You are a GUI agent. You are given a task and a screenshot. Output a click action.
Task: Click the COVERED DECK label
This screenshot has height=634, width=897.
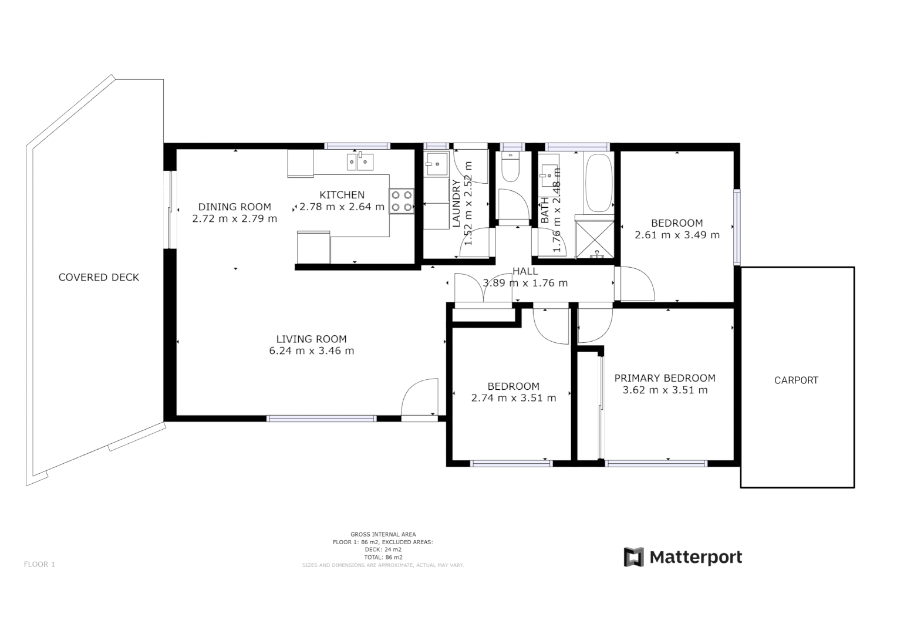point(99,277)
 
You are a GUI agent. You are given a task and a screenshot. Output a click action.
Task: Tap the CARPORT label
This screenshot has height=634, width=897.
point(796,380)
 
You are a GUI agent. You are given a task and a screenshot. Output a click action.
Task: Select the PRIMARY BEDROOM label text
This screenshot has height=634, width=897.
point(665,378)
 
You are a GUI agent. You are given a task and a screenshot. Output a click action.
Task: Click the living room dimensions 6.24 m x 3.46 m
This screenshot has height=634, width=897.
point(311,351)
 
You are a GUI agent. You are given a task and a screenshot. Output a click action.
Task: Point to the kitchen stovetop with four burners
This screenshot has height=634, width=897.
point(402,201)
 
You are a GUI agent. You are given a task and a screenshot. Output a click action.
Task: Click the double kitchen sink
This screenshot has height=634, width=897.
point(360,160)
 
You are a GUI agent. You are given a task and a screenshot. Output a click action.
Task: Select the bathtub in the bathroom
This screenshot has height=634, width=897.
point(599,183)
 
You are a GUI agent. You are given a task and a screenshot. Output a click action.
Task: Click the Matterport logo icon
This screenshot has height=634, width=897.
point(633,557)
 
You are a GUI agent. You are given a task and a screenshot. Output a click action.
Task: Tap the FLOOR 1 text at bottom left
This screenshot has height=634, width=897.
point(39,565)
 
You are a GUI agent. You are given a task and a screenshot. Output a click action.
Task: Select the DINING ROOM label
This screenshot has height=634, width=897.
point(234,207)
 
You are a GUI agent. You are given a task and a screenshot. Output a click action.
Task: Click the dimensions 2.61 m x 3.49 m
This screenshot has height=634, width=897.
point(677,235)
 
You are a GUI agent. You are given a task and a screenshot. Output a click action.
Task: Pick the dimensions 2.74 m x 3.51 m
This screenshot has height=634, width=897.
point(513,398)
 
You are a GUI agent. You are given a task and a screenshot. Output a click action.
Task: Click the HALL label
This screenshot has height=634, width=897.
point(525,271)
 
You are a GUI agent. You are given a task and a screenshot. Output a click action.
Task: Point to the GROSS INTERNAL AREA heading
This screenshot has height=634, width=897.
point(383,534)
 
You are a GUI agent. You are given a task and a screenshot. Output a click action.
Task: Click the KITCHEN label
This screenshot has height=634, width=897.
point(342,195)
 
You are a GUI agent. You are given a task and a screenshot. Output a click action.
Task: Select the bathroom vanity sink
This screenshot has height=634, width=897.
point(550,172)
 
